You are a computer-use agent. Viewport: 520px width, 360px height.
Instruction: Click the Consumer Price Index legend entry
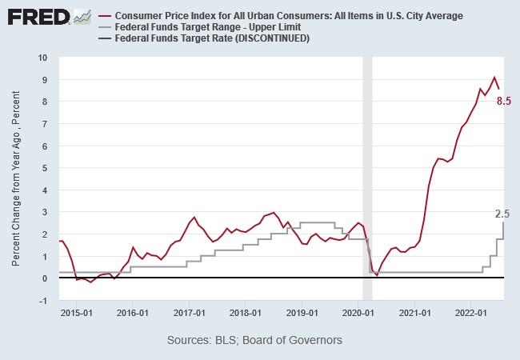pos(289,16)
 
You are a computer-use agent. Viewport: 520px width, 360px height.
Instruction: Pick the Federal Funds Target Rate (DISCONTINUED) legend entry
pos(212,38)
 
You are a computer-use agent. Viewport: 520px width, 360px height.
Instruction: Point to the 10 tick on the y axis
pos(42,58)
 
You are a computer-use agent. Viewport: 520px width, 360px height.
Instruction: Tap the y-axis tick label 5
pos(45,168)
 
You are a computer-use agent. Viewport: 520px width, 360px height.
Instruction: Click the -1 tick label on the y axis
pos(43,300)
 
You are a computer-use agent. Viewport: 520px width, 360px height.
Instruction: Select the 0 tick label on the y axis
pos(45,278)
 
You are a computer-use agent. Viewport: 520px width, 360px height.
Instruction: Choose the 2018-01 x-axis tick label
pos(247,314)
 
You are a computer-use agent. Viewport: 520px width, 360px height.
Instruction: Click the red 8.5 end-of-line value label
pos(504,101)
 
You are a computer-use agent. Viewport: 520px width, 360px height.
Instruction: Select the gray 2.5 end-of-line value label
pos(502,214)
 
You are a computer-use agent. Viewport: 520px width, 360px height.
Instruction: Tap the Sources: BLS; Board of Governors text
pos(254,341)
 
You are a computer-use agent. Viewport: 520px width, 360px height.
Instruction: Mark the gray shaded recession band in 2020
pos(368,176)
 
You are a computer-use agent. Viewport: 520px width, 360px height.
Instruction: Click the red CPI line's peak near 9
pos(494,78)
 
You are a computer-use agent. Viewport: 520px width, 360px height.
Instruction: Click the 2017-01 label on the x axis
pos(191,314)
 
